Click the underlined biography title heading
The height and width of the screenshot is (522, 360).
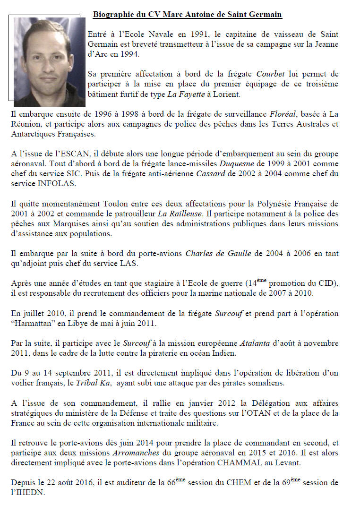(x=187, y=15)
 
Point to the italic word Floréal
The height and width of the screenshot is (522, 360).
(x=283, y=114)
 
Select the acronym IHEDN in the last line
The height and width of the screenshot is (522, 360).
(x=29, y=493)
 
